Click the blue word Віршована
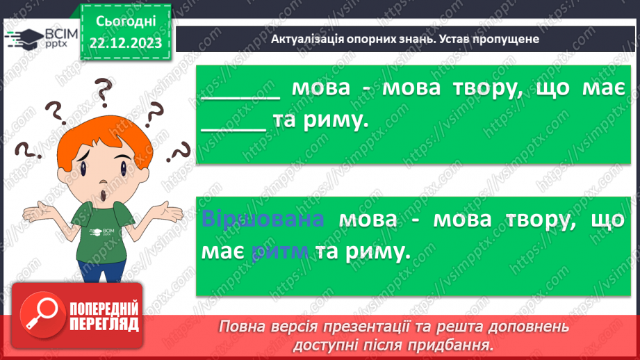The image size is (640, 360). coord(263,220)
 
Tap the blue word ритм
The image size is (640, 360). coord(281,253)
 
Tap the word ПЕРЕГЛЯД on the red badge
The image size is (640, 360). coord(104,324)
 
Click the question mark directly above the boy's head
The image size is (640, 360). coord(104,89)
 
